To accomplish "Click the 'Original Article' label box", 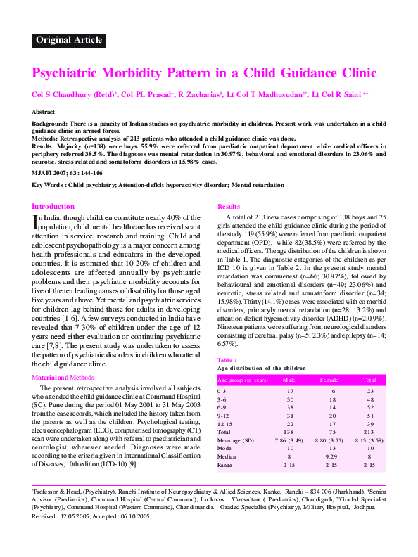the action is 68,40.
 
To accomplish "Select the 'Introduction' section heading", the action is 53,206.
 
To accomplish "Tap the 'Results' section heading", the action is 229,206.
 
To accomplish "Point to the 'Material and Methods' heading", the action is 62,378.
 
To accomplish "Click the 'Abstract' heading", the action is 44,112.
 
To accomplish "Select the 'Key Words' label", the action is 47,185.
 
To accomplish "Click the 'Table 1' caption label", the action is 227,359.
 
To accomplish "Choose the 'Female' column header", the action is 329,380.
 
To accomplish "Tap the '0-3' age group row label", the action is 222,390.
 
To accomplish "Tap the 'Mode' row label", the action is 224,448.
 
